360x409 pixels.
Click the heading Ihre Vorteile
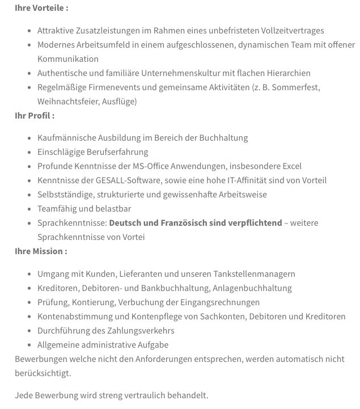[x=41, y=8]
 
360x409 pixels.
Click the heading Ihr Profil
[x=35, y=115]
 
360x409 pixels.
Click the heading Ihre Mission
[x=41, y=251]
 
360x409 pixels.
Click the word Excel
[x=290, y=166]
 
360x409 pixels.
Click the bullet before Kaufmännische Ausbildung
[x=29, y=138]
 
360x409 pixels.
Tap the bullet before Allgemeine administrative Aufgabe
[x=29, y=345]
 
